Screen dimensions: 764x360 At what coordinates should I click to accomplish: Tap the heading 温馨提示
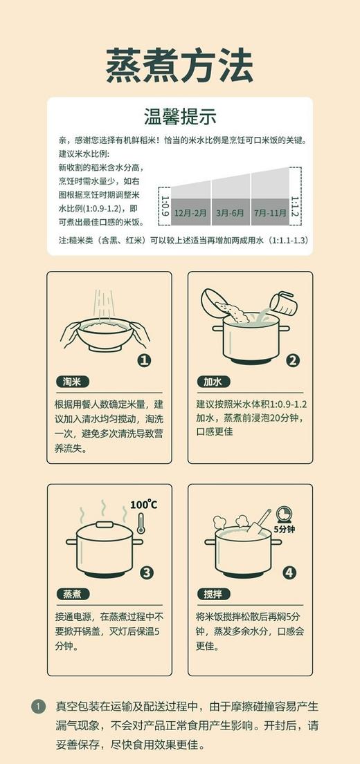180,115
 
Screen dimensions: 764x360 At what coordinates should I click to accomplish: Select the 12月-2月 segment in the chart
190,212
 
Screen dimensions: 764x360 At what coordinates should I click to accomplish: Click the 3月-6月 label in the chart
231,212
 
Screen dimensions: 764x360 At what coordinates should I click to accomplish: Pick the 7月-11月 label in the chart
270,212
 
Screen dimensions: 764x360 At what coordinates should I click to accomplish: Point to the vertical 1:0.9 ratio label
165,205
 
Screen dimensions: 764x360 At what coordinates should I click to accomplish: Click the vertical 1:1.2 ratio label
295,205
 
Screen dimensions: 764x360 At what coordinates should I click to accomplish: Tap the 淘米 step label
72,381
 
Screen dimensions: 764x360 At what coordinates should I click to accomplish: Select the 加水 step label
212,381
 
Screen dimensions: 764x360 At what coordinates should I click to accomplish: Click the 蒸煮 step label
72,594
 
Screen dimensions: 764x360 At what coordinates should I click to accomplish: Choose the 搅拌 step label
212,594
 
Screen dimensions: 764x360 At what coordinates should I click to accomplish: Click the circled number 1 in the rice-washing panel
144,360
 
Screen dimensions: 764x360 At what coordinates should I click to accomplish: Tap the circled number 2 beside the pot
293,360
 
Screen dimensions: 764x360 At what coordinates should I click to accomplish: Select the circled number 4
289,572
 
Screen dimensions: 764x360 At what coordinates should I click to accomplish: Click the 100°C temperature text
143,505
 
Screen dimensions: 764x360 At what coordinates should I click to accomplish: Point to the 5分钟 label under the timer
284,529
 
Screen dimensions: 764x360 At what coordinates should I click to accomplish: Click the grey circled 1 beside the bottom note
39,707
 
